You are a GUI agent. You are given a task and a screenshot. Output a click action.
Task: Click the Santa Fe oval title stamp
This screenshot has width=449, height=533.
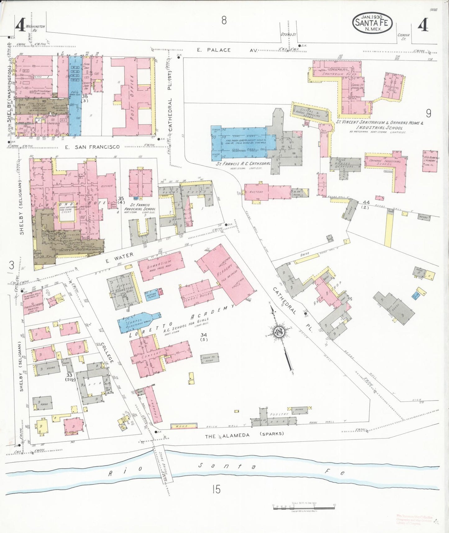coord(372,23)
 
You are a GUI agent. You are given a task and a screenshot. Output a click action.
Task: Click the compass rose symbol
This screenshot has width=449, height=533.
coord(279,332)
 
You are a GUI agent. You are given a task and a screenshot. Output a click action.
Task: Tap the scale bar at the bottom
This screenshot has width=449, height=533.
coord(304,508)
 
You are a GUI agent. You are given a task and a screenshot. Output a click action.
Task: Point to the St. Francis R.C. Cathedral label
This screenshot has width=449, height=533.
coord(243,164)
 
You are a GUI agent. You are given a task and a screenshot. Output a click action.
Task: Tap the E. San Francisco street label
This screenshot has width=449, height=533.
coord(92,147)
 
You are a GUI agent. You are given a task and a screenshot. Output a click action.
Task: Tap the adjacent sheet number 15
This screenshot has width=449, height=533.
coord(216,489)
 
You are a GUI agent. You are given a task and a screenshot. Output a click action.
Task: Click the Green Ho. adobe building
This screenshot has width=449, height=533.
coord(209,358)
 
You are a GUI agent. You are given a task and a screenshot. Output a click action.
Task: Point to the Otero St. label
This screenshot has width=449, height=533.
coord(288,35)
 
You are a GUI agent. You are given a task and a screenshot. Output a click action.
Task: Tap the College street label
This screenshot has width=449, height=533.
coord(107,352)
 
